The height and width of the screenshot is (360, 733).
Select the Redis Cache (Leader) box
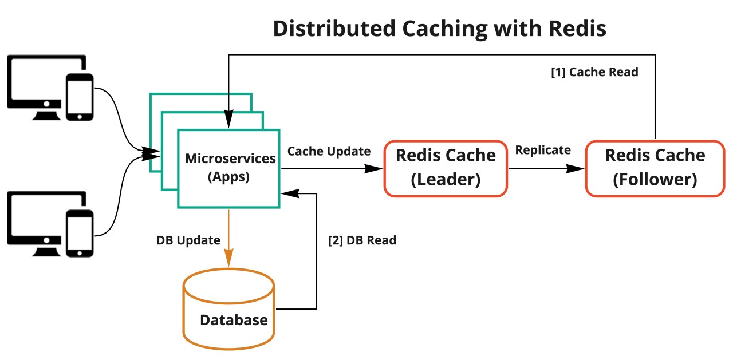coord(446,168)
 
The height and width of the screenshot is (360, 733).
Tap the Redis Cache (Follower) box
coord(655,168)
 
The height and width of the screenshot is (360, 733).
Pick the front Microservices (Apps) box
coord(229,168)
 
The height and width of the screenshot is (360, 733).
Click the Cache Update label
coord(329,151)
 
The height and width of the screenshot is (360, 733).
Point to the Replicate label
coord(543,150)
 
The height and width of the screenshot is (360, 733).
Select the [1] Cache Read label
coord(594,73)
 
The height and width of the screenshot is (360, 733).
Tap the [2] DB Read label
coord(362,240)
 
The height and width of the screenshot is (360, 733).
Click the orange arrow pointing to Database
coord(229,240)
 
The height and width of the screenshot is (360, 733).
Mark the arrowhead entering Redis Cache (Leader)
coord(375,169)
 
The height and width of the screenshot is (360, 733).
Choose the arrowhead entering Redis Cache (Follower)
coord(577,169)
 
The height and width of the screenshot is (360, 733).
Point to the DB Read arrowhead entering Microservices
coord(287,194)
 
